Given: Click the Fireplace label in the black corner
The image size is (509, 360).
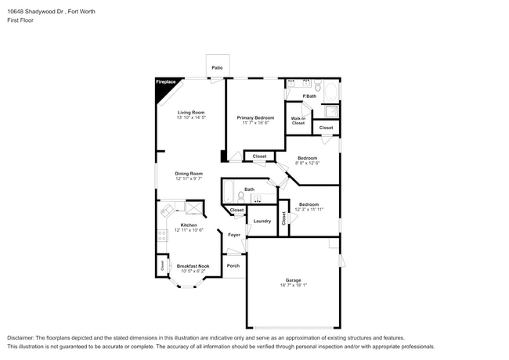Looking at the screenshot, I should tap(164, 82).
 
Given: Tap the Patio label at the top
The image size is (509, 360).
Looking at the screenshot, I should tap(217, 68).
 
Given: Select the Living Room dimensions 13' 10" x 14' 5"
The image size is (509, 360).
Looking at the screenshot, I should tap(191, 117).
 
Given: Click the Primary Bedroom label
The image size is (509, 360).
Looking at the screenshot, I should tap(254, 117).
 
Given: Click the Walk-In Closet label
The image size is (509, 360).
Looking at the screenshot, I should tap(298, 121).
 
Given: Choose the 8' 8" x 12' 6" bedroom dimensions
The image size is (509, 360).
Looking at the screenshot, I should tap(308, 163).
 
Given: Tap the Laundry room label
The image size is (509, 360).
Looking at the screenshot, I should tap(262, 221).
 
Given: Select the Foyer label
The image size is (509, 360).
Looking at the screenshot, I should tap(233, 235).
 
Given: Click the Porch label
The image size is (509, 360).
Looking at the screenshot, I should tap(233, 265).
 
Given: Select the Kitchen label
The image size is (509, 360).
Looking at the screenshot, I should tap(189, 225).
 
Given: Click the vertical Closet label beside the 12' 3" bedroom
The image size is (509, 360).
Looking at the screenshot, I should tap(283, 218).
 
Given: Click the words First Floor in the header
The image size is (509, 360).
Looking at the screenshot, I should tap(21, 20).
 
